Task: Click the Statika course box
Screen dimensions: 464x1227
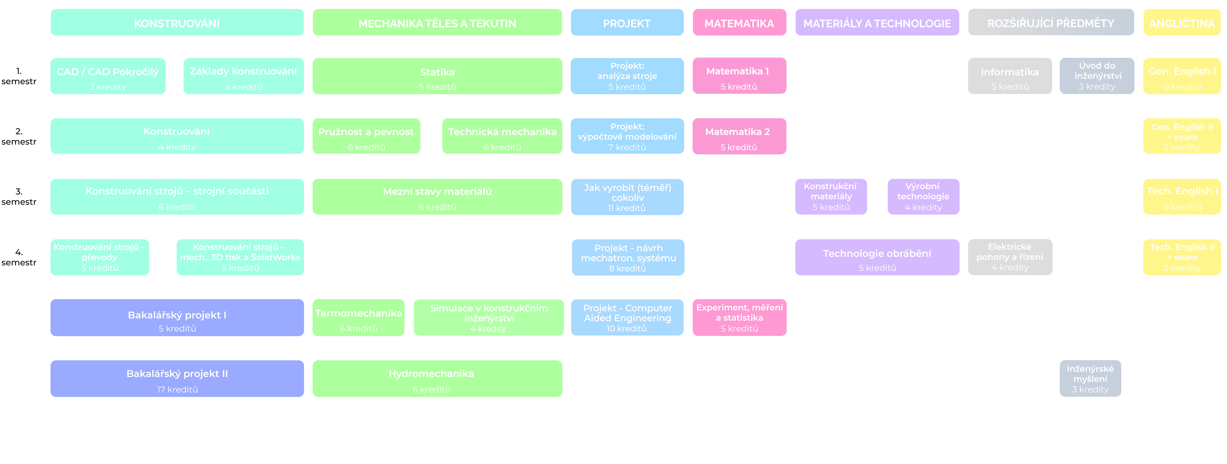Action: [x=437, y=76]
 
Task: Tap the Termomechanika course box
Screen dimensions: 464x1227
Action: [x=359, y=318]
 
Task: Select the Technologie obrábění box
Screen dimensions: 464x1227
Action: [x=877, y=258]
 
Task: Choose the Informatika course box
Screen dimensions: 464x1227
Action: [x=1010, y=76]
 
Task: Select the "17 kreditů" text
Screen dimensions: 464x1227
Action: [x=177, y=390]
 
